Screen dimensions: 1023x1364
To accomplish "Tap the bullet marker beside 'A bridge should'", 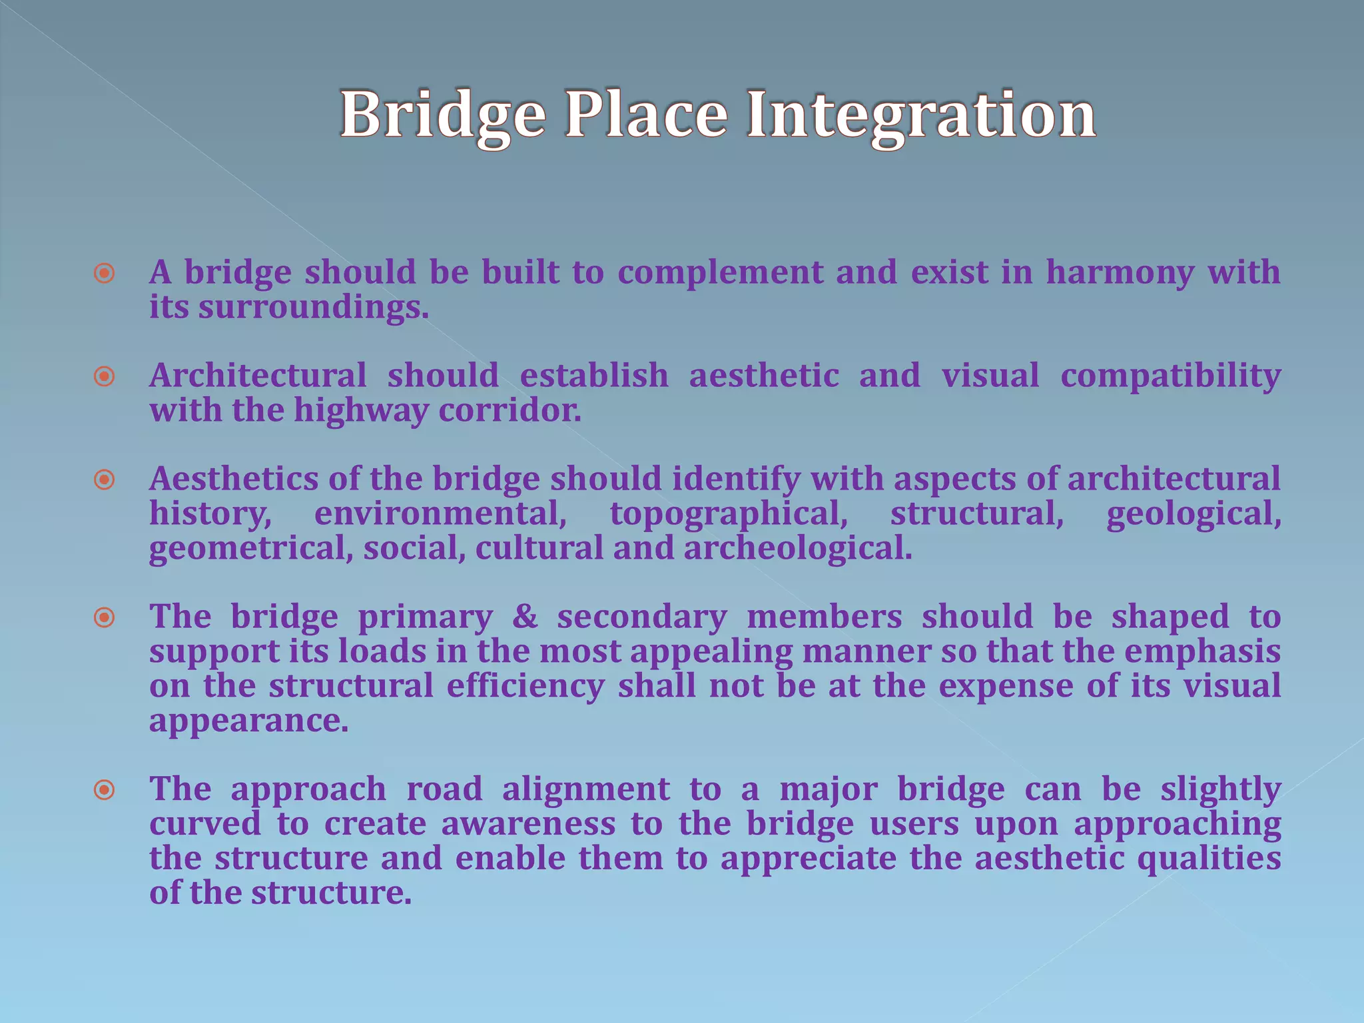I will [105, 274].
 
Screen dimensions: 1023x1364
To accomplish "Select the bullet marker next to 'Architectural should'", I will [105, 377].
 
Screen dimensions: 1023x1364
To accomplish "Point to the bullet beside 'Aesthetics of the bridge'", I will [105, 480].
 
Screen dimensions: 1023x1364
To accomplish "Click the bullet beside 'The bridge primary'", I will [105, 618].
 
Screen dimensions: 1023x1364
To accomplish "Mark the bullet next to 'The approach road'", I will [105, 791].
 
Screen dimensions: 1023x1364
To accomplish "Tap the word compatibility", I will [1170, 376].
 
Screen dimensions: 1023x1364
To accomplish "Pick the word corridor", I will [510, 410].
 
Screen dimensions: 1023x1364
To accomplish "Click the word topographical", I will [729, 514].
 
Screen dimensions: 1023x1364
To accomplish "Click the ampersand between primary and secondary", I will [525, 617].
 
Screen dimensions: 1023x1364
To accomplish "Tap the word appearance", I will [248, 721].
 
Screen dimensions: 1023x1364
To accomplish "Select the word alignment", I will [585, 790].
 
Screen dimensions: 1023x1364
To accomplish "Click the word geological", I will [1193, 514].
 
